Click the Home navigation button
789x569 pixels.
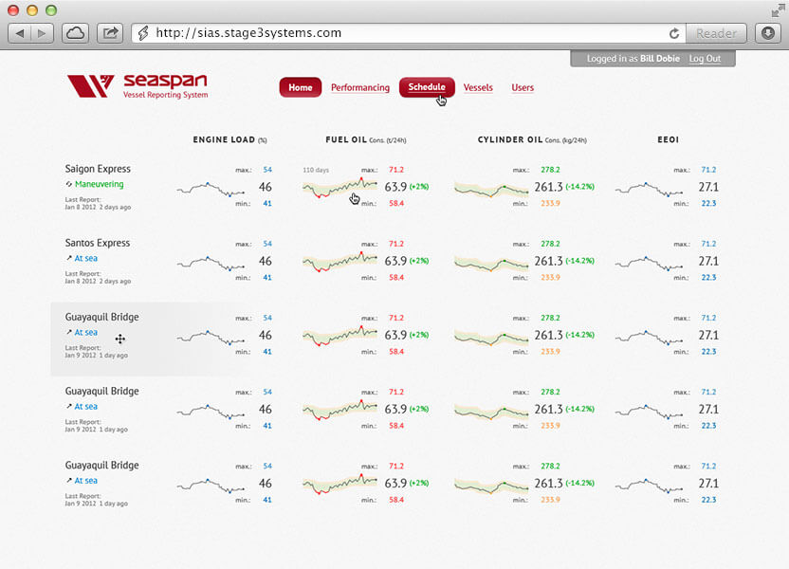tap(300, 87)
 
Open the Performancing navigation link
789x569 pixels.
tap(360, 87)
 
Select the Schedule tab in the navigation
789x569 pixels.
tap(427, 87)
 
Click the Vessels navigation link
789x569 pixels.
tap(478, 87)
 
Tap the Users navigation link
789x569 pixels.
tap(523, 87)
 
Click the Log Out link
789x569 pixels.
tap(705, 59)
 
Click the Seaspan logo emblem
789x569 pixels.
tap(91, 86)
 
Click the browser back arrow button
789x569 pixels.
tap(21, 33)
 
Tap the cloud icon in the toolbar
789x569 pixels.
tap(75, 33)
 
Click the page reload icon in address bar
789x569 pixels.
tap(674, 33)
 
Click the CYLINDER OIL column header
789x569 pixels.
tap(517, 140)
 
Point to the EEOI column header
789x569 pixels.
tap(668, 140)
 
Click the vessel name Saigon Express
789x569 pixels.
tap(98, 169)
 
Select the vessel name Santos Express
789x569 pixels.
tap(98, 243)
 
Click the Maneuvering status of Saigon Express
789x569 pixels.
tap(99, 184)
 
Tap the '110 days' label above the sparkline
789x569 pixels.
tap(315, 170)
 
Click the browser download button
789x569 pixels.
tap(768, 33)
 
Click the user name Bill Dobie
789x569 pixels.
tap(661, 59)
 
